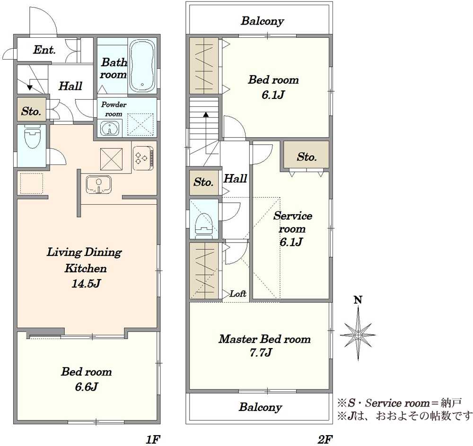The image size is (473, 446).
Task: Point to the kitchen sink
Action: click(99, 184)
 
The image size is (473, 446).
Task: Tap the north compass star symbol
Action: click(358, 334)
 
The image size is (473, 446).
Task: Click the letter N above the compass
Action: click(358, 300)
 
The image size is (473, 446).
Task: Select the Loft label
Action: click(238, 293)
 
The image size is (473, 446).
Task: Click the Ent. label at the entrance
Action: click(44, 50)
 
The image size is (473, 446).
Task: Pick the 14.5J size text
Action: click(86, 283)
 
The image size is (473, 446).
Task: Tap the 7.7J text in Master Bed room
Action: click(261, 352)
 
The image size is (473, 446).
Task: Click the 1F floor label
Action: click(153, 440)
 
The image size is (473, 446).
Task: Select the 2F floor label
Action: click(325, 440)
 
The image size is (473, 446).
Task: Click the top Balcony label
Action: click(262, 21)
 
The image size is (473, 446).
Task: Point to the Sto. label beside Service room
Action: click(307, 157)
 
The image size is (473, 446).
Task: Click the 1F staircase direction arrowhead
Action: click(29, 87)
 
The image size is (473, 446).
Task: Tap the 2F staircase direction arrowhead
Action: click(206, 114)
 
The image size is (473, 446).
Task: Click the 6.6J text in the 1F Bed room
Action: click(87, 386)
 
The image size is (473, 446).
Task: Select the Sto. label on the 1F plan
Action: click(31, 112)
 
